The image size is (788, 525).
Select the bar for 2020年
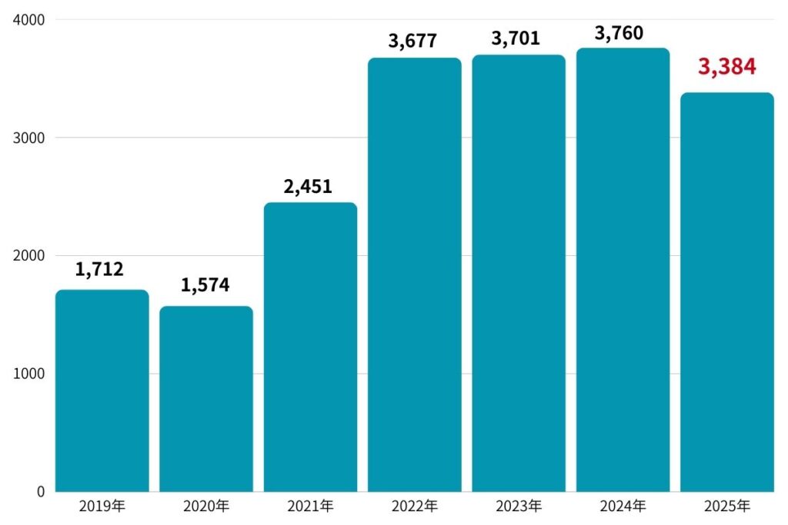click(x=205, y=399)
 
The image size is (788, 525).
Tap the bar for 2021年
click(x=310, y=347)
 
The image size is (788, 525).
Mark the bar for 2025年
click(x=726, y=292)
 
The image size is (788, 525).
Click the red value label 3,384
click(x=726, y=67)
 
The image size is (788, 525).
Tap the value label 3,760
click(x=619, y=33)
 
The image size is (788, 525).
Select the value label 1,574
click(x=205, y=285)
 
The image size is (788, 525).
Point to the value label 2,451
click(x=308, y=187)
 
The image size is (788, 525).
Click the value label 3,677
click(x=414, y=39)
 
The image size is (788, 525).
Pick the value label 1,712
click(x=99, y=269)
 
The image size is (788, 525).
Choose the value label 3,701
click(x=516, y=37)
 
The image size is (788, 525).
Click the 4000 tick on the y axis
click(x=28, y=19)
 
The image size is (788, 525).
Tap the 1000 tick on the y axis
click(x=28, y=374)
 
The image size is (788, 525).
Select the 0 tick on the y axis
click(x=40, y=491)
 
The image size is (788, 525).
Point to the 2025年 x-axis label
click(x=726, y=507)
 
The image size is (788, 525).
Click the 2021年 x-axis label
click(x=310, y=507)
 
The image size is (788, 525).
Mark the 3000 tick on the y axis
click(x=28, y=138)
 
